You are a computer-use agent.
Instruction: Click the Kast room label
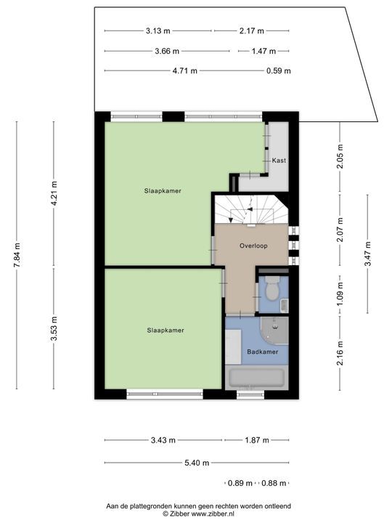279,161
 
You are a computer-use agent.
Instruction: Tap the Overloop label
253,246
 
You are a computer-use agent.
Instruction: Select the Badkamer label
263,352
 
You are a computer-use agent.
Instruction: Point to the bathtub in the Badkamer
257,378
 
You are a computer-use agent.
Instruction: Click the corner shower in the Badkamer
275,331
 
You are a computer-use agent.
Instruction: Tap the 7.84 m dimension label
17,255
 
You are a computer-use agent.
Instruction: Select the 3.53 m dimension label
54,328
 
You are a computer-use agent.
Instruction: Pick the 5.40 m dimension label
197,463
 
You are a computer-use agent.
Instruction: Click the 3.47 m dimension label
368,254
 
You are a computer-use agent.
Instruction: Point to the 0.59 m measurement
279,70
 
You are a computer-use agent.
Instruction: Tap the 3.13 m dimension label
158,31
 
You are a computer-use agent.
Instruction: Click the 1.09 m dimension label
340,294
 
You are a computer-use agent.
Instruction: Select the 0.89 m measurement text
240,483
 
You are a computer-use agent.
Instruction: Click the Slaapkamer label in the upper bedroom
163,191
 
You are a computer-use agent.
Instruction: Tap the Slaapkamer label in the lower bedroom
166,331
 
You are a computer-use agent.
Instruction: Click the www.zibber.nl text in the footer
213,514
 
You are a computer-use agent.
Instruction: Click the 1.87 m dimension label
257,440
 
